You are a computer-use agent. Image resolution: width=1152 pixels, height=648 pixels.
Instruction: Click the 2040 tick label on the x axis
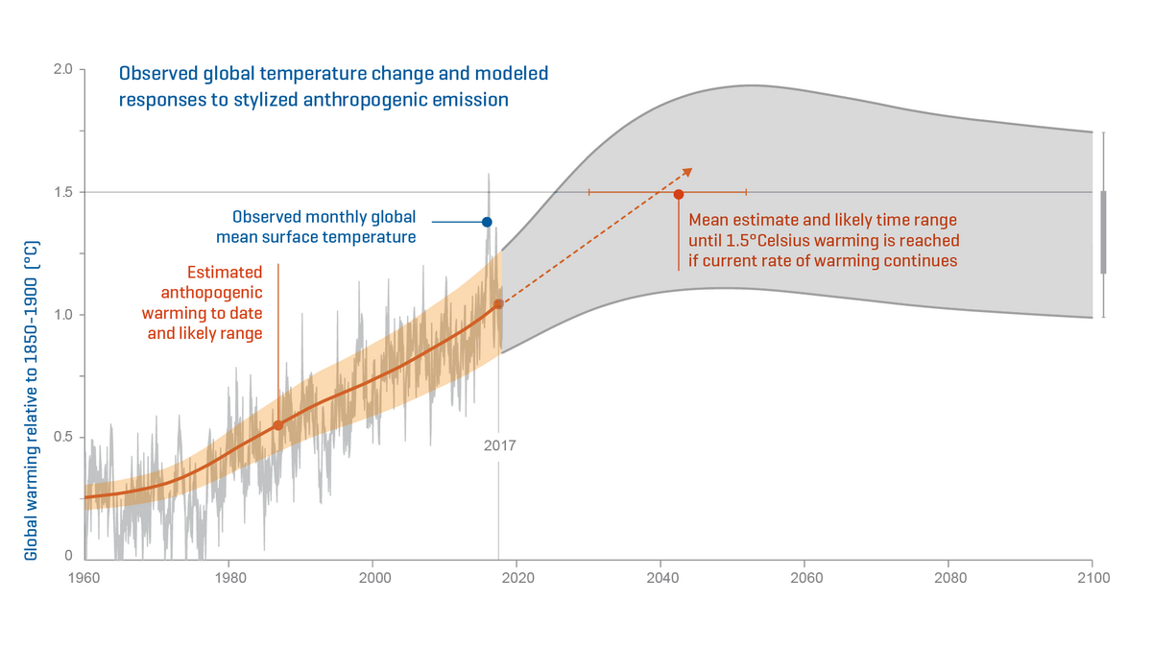click(x=660, y=579)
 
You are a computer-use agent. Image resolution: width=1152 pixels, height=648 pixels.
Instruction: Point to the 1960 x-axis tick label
click(x=84, y=579)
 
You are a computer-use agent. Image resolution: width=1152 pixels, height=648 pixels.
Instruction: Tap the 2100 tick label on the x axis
click(x=1092, y=579)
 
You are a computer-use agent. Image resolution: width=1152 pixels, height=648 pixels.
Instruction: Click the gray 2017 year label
click(x=499, y=446)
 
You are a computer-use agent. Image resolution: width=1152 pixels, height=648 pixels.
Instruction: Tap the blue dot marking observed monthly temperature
click(x=487, y=222)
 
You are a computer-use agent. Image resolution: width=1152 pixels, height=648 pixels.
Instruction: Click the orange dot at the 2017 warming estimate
click(x=498, y=304)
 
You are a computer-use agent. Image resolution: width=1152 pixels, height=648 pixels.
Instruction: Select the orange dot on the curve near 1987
click(x=278, y=425)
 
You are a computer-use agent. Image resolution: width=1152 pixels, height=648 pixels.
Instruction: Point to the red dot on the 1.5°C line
click(x=679, y=194)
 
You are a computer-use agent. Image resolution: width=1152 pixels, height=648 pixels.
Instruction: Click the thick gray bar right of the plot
click(x=1104, y=232)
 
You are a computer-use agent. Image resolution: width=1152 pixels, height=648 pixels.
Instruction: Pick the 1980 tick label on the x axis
click(x=228, y=579)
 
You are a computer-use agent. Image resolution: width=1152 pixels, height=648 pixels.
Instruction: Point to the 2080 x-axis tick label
click(x=948, y=579)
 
